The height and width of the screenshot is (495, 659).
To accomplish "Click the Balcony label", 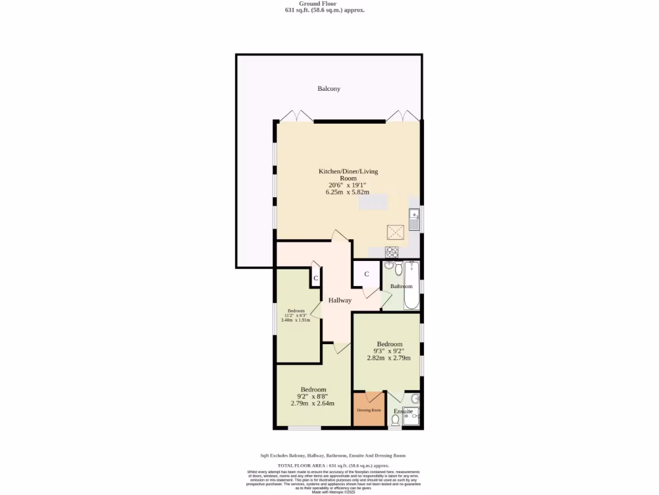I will (x=328, y=89).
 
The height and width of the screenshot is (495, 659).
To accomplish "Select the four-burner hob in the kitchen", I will (x=392, y=251).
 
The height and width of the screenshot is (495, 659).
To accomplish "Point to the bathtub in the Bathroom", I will (x=411, y=286).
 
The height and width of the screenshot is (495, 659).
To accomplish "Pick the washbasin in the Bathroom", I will (x=389, y=265).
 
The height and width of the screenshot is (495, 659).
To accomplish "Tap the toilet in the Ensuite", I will (x=394, y=420).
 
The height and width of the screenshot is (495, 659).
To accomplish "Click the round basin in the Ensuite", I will (x=415, y=398).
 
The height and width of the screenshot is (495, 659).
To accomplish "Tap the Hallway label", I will (x=340, y=300).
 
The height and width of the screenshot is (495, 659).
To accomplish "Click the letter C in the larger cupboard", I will (x=366, y=274).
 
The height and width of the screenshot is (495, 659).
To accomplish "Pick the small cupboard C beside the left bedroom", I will (x=315, y=278).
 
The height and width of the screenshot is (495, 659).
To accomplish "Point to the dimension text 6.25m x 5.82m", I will (x=348, y=192).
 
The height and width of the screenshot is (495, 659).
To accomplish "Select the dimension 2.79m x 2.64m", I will (x=313, y=404).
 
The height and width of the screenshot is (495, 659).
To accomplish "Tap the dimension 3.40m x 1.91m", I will (x=295, y=320).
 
